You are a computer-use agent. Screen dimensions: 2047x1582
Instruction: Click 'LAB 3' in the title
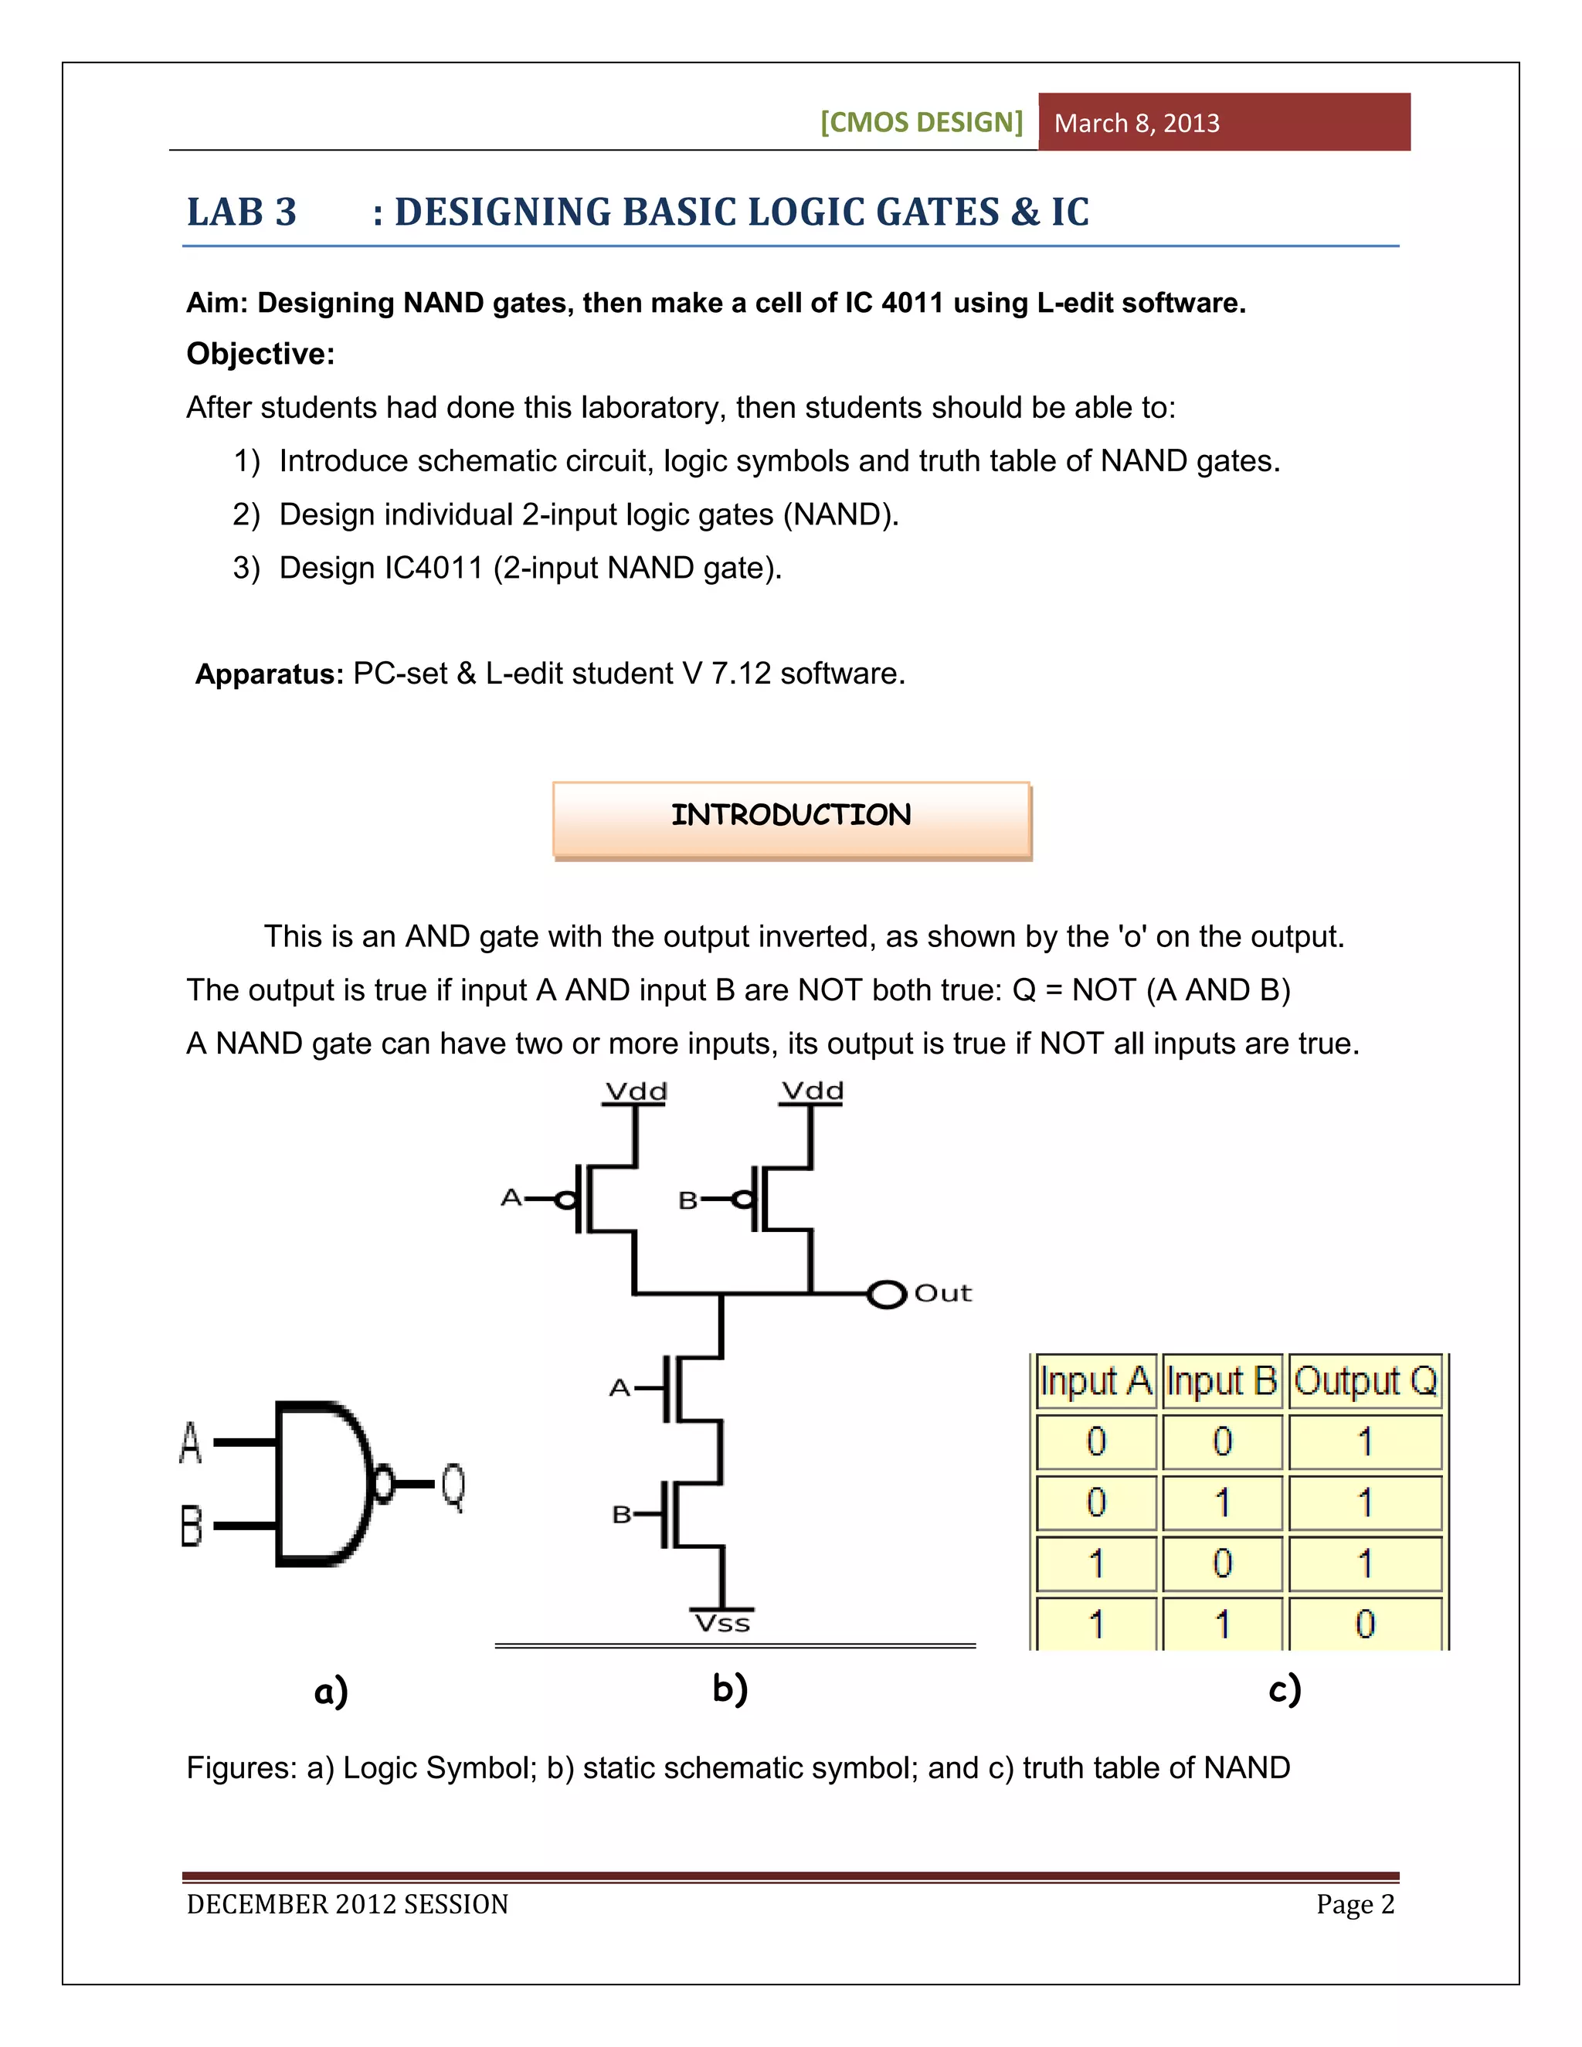click(x=242, y=212)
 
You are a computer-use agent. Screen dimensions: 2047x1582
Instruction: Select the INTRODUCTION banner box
click(x=791, y=818)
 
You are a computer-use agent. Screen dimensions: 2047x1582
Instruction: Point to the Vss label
click(x=721, y=1624)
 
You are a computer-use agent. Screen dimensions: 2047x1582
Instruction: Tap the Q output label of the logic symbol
click(x=453, y=1485)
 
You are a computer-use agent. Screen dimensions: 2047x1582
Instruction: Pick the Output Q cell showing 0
click(x=1365, y=1624)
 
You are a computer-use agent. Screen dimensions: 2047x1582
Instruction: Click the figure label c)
click(x=1284, y=1689)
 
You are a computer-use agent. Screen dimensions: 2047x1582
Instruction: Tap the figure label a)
click(x=331, y=1691)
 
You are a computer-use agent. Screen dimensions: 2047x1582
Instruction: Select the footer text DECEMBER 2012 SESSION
click(x=347, y=1905)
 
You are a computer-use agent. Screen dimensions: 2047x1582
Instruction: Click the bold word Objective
click(x=260, y=355)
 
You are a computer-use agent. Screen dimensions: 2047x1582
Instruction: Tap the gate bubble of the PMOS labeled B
click(x=742, y=1200)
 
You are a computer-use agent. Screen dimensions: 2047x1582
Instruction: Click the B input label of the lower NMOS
click(x=620, y=1515)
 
